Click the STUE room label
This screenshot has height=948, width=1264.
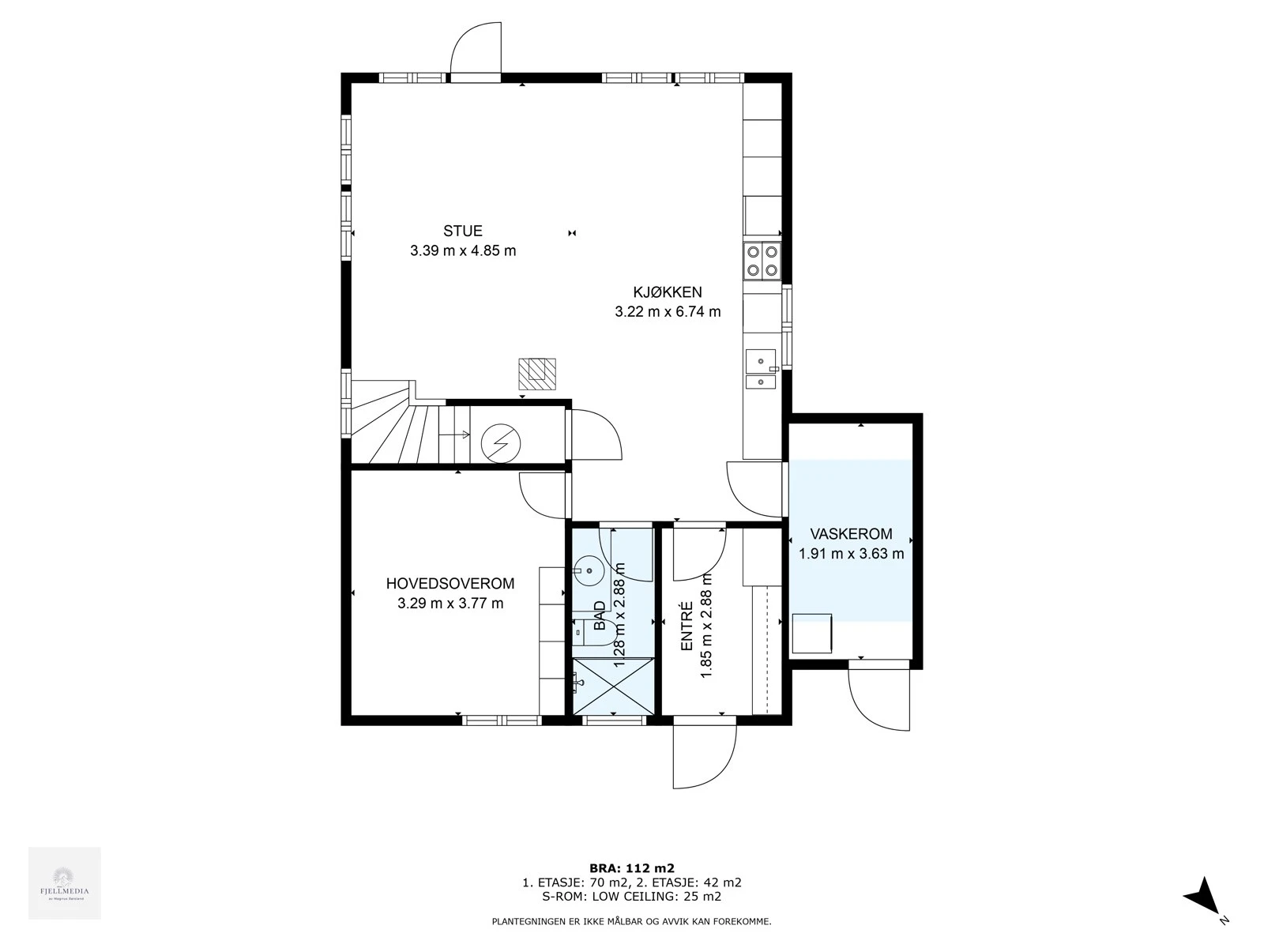click(x=462, y=231)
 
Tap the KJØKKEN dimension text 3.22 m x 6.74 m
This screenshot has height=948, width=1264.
click(x=668, y=311)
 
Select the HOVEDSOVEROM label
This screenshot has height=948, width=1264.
click(x=450, y=584)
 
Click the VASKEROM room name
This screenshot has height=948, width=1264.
click(x=851, y=534)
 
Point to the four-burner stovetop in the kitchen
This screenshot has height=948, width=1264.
click(x=762, y=261)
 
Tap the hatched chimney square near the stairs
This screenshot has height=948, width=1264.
click(x=536, y=374)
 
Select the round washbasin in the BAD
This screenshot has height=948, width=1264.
click(x=588, y=569)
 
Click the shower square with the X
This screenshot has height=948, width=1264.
click(x=614, y=686)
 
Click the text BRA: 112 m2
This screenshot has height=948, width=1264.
click(x=631, y=867)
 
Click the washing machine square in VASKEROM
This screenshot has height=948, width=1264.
click(x=811, y=633)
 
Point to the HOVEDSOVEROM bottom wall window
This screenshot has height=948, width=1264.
click(x=501, y=720)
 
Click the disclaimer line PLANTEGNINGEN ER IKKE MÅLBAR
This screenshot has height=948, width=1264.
click(x=631, y=921)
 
